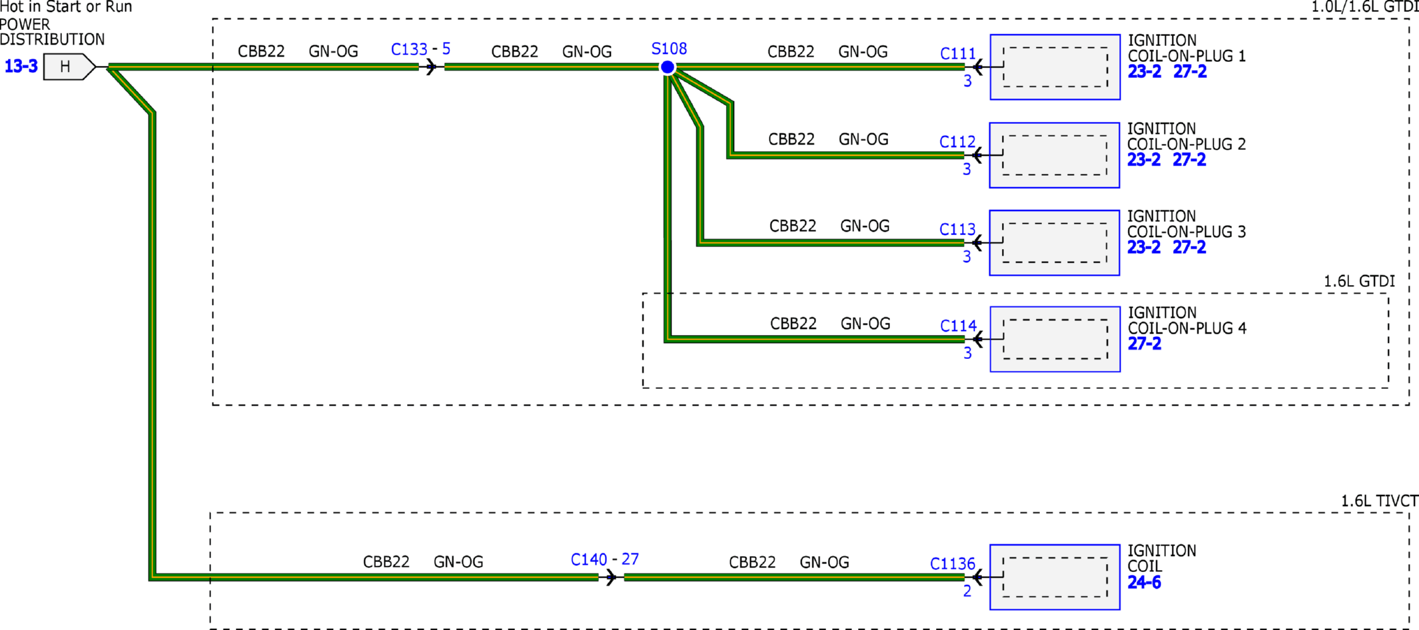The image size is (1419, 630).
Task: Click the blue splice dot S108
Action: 668,67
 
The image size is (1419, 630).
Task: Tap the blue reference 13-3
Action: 21,67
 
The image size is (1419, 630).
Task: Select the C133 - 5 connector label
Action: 420,49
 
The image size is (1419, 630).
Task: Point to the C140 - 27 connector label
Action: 605,559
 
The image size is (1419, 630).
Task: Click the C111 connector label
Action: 958,54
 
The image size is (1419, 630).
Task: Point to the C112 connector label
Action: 957,142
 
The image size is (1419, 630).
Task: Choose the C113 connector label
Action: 957,230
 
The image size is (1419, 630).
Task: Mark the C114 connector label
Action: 959,326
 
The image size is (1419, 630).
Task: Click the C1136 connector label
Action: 953,564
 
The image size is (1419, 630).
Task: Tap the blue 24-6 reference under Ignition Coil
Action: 1145,583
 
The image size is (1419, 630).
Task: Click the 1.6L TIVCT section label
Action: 1380,501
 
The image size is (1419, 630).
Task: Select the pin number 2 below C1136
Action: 967,591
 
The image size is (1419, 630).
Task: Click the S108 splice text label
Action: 669,49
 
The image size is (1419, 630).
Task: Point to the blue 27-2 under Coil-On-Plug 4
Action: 1145,344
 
